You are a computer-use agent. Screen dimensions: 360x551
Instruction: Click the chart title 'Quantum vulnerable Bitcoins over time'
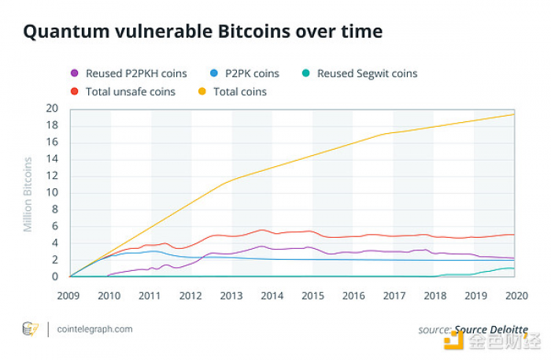[x=202, y=32]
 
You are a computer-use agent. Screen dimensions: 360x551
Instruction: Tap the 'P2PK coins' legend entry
[x=251, y=73]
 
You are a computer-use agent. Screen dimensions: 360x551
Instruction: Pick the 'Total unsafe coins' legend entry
[x=129, y=91]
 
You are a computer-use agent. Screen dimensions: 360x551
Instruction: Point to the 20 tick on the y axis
[x=54, y=108]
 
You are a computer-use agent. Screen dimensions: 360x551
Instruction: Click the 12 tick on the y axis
[x=54, y=176]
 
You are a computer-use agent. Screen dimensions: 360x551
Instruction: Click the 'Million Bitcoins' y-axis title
[x=28, y=194]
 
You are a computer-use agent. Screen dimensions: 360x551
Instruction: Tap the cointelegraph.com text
[x=95, y=329]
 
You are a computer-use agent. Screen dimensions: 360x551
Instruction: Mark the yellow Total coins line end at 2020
[x=515, y=114]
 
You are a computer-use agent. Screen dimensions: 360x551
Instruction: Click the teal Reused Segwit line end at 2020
[x=515, y=269]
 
